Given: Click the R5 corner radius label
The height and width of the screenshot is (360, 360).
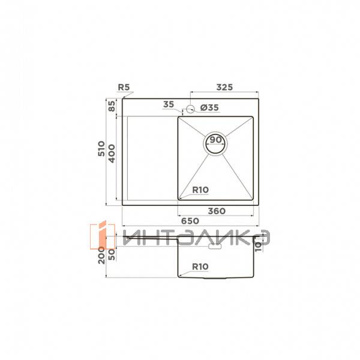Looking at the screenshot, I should [124, 88].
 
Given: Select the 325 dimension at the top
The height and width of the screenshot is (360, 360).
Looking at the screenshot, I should [224, 88].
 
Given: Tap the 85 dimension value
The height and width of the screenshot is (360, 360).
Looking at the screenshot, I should [112, 108].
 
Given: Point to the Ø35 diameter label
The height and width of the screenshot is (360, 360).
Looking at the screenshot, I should [208, 107].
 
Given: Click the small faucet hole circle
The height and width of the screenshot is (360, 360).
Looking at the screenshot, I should [190, 109].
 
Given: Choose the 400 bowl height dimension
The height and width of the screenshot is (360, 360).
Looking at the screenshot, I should [112, 157].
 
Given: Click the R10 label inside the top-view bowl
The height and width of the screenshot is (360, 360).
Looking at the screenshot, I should [200, 190].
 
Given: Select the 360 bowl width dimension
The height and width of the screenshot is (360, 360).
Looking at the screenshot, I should [215, 211].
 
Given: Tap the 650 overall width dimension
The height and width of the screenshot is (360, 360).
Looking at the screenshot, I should [190, 221].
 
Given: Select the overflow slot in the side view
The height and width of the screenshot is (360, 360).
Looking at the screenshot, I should [215, 245].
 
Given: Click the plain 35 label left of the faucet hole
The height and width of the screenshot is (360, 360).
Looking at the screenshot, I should [168, 105].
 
